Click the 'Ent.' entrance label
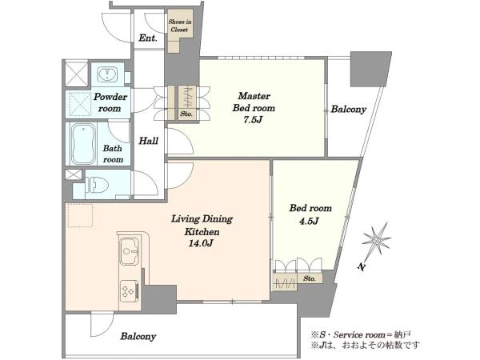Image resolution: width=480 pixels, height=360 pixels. (148, 38)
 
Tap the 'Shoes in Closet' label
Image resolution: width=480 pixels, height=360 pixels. (180, 26)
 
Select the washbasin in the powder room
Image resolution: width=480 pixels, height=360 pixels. (106, 74)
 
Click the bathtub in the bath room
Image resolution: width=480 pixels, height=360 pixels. (83, 144)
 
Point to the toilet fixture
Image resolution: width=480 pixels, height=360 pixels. (97, 185)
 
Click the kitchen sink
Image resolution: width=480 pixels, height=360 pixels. (129, 251)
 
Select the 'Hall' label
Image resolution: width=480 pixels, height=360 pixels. (149, 141)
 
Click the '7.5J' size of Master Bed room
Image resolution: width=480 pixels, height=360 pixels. (253, 120)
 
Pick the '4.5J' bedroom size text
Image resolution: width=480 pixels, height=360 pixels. (309, 221)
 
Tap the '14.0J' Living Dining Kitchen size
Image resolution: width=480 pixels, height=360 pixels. (201, 243)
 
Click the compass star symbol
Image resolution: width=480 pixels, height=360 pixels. (376, 238)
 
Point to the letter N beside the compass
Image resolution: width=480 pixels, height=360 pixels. (362, 267)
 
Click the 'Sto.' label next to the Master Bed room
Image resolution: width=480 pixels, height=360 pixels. (186, 114)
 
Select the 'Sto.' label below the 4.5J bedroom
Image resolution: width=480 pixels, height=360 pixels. (310, 278)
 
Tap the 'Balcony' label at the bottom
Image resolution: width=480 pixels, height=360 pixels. (138, 337)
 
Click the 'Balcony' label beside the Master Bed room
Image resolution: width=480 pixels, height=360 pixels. (348, 110)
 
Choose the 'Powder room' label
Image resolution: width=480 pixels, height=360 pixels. (110, 102)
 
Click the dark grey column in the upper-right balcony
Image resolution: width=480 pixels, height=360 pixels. (370, 69)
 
